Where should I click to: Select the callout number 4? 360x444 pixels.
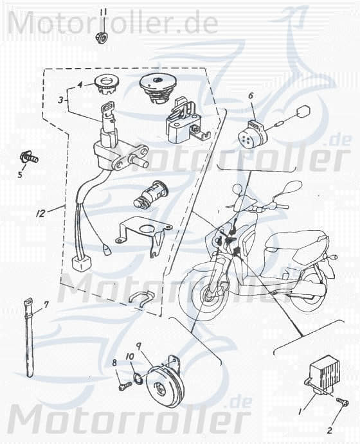click(x=80, y=85)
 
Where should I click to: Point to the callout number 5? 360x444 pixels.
click(x=19, y=174)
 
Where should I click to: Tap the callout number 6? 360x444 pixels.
click(x=251, y=96)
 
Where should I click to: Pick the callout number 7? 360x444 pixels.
click(x=46, y=304)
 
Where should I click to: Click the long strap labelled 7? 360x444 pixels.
click(x=30, y=337)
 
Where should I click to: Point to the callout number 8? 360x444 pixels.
click(x=115, y=363)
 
